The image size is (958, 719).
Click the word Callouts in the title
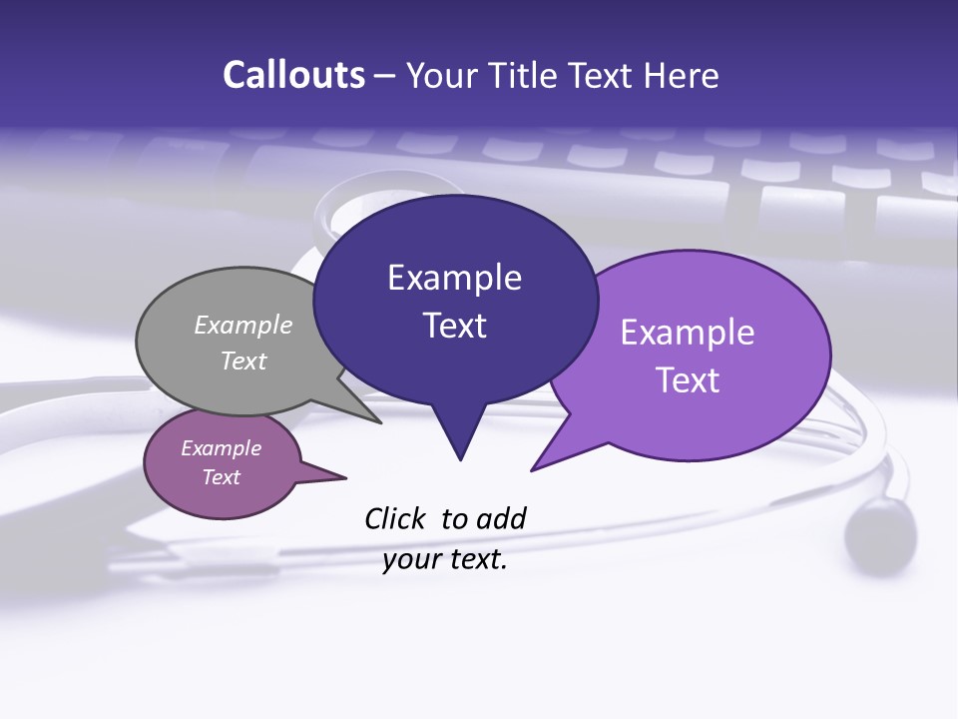coord(293,75)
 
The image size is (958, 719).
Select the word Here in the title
coord(683,75)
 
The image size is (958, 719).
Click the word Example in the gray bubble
coord(243,325)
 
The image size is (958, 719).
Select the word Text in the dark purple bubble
coord(454,326)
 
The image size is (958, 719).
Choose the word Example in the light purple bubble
coord(688,333)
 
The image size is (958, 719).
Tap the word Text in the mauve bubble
coord(222,477)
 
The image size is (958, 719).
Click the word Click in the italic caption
coord(396,518)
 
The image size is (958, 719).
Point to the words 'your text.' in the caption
coord(445,559)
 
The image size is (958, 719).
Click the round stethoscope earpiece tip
coord(879,530)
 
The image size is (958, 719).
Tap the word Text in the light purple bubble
coord(688,380)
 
